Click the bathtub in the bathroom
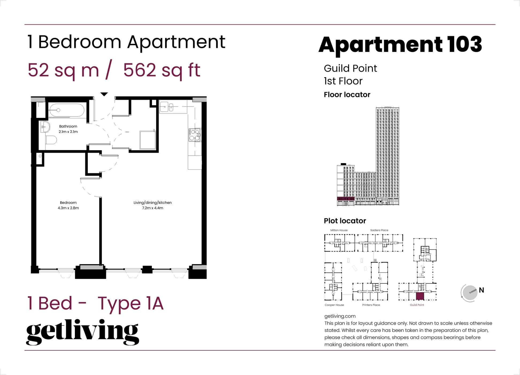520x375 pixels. click(x=67, y=110)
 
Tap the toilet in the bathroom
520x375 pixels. click(x=51, y=140)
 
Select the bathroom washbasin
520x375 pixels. click(x=45, y=127)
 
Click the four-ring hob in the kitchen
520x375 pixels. click(x=194, y=135)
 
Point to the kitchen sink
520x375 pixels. click(x=167, y=107)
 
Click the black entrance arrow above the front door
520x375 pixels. click(x=104, y=94)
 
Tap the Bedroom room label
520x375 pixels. click(x=68, y=202)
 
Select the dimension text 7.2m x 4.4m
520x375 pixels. click(x=152, y=208)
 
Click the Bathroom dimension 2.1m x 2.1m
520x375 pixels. click(x=68, y=132)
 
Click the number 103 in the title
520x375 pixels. click(x=465, y=44)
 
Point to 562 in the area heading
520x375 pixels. click(x=140, y=70)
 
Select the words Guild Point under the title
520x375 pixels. click(x=350, y=68)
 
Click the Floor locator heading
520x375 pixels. click(x=347, y=95)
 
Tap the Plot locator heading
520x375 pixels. click(x=345, y=221)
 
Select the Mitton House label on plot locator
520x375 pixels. click(x=339, y=230)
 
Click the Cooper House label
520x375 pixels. click(x=334, y=305)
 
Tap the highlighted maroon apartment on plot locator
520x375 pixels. click(x=420, y=296)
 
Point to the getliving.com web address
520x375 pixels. click(x=340, y=316)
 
